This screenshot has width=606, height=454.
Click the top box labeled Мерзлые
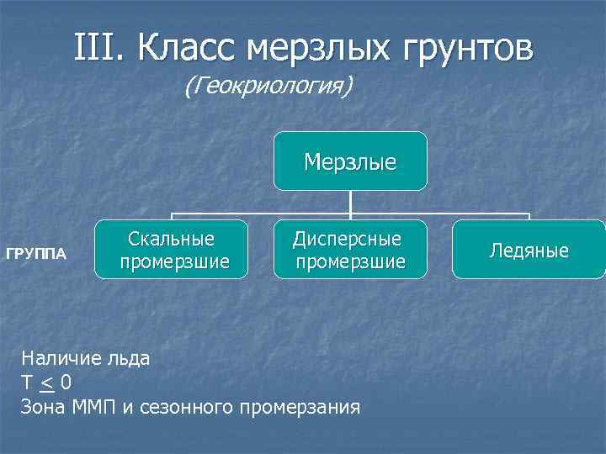pyautogui.click(x=350, y=161)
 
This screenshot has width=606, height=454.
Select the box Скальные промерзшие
pyautogui.click(x=171, y=250)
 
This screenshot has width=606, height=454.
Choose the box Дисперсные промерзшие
pyautogui.click(x=348, y=250)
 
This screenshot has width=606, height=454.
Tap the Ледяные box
pyautogui.click(x=529, y=250)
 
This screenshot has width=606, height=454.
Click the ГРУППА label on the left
pyautogui.click(x=36, y=253)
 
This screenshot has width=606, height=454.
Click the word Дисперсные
pyautogui.click(x=347, y=239)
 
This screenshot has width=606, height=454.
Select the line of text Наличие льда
pyautogui.click(x=86, y=358)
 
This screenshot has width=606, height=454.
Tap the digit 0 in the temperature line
pyautogui.click(x=66, y=383)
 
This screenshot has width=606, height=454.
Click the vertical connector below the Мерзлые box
pyautogui.click(x=350, y=202)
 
